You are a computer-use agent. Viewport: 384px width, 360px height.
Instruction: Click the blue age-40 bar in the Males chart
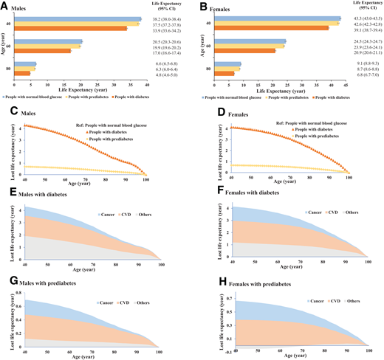click(81, 19)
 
